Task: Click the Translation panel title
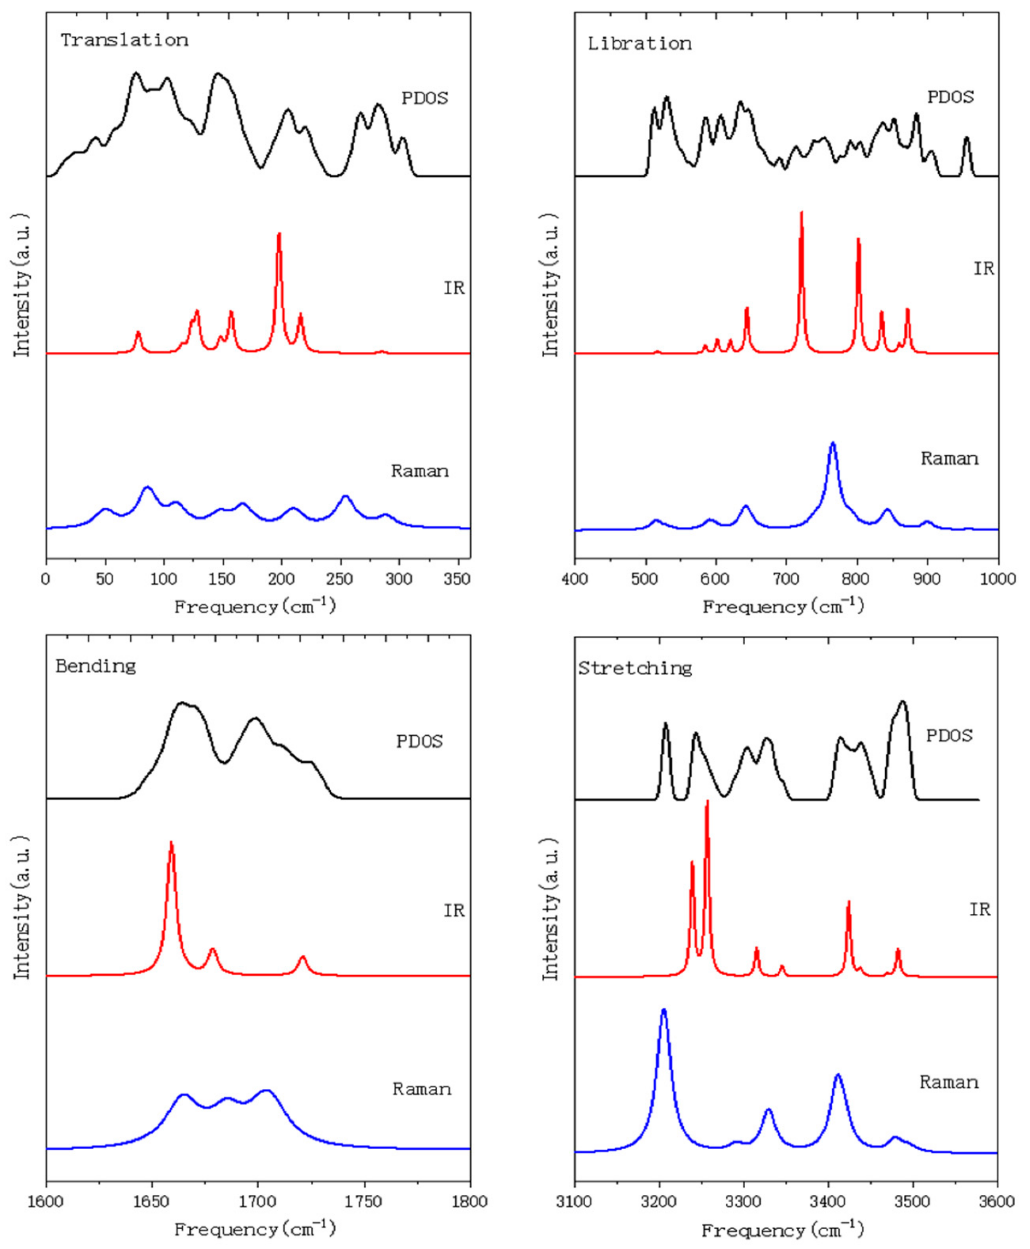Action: [125, 40]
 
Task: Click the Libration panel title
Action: [640, 44]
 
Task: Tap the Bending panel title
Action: [96, 666]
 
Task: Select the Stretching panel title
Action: [635, 668]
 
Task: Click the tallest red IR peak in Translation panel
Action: [279, 235]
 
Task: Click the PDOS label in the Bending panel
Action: [419, 741]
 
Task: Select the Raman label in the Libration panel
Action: [949, 459]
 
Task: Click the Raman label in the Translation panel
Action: [419, 471]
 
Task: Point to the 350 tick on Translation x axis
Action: [457, 578]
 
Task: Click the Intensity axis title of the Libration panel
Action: [551, 285]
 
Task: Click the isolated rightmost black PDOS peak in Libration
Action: [966, 139]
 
